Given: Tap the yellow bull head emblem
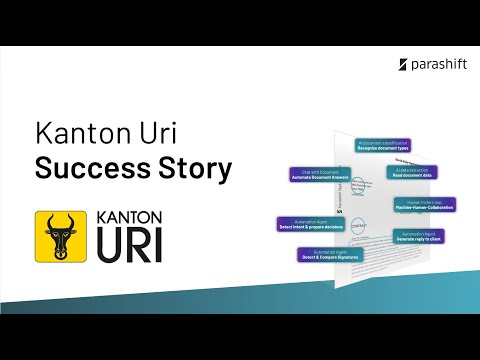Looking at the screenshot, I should [x=60, y=237].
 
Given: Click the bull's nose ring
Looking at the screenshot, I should [x=60, y=252].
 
